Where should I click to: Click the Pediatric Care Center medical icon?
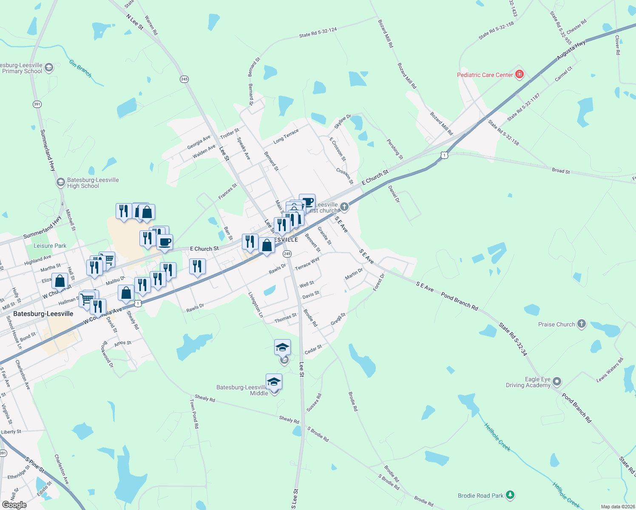pyautogui.click(x=519, y=75)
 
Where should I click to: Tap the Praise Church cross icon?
pyautogui.click(x=582, y=324)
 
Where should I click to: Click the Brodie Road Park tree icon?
pyautogui.click(x=510, y=495)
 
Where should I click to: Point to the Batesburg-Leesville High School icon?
pyautogui.click(x=61, y=182)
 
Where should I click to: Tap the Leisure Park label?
pyautogui.click(x=50, y=246)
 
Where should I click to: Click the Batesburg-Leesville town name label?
pyautogui.click(x=43, y=314)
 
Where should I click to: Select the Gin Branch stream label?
pyautogui.click(x=80, y=68)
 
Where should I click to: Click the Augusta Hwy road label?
pyautogui.click(x=571, y=51)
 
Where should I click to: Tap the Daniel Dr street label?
pyautogui.click(x=394, y=194)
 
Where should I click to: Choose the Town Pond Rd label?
pyautogui.click(x=194, y=414)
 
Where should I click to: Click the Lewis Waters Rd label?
pyautogui.click(x=610, y=370)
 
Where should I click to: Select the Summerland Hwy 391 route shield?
pyautogui.click(x=37, y=104)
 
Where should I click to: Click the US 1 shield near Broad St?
pyautogui.click(x=444, y=155)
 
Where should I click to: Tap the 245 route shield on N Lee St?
pyautogui.click(x=184, y=79)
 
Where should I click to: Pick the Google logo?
pyautogui.click(x=14, y=505)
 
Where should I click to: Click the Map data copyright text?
pyautogui.click(x=617, y=507)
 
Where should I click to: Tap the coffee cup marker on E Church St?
pyautogui.click(x=165, y=242)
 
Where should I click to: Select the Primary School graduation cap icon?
pyautogui.click(x=49, y=68)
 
